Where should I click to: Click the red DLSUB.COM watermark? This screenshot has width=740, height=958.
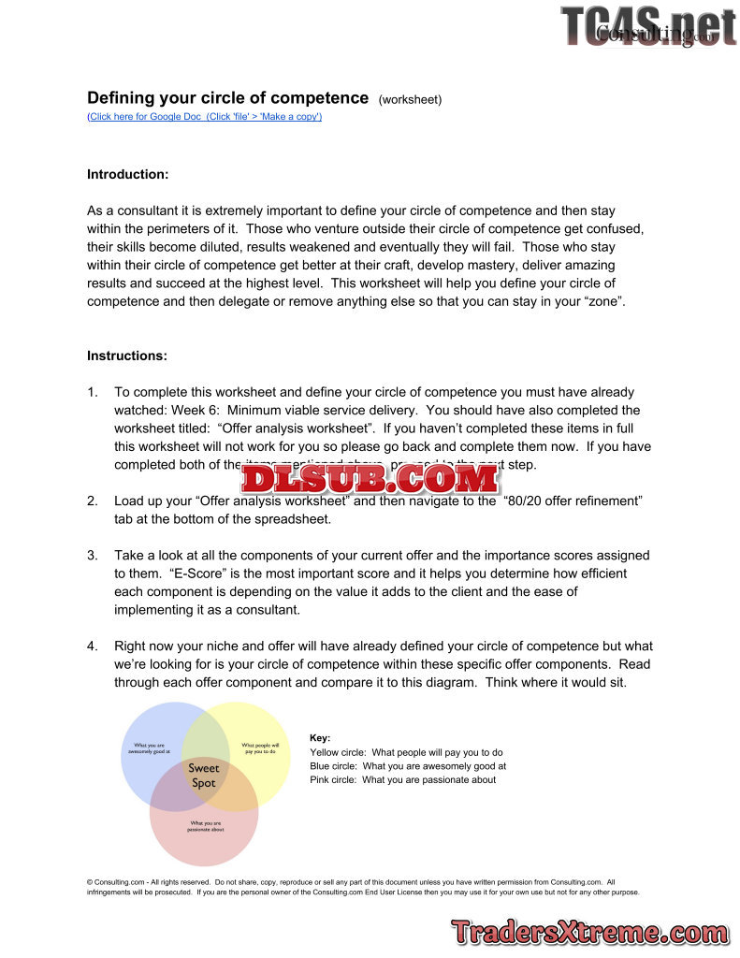(x=369, y=479)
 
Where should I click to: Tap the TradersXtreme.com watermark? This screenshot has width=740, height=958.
(x=589, y=932)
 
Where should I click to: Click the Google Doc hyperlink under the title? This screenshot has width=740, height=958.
(x=204, y=117)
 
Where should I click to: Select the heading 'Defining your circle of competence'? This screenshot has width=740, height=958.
(x=227, y=98)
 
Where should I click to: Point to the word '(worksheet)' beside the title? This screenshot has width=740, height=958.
(x=410, y=99)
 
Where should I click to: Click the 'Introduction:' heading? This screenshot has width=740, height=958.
(x=127, y=175)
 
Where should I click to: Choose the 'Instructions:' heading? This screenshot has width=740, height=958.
(x=127, y=356)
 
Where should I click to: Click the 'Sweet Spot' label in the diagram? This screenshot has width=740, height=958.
(x=204, y=776)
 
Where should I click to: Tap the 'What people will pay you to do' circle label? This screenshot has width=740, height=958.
(x=260, y=748)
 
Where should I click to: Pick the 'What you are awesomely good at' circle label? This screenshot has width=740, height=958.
(x=149, y=748)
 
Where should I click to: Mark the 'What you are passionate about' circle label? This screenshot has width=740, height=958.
(x=204, y=826)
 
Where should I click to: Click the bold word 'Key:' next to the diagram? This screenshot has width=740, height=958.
(x=320, y=738)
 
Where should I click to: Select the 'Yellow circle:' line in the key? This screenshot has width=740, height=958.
(x=406, y=752)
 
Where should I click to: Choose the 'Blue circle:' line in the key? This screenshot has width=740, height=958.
(x=408, y=766)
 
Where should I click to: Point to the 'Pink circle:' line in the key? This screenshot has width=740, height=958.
(x=402, y=780)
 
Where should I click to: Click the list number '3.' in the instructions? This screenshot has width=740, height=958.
(x=93, y=556)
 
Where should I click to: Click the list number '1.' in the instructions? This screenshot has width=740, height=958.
(x=93, y=393)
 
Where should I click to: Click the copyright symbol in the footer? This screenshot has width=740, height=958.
(x=90, y=882)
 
